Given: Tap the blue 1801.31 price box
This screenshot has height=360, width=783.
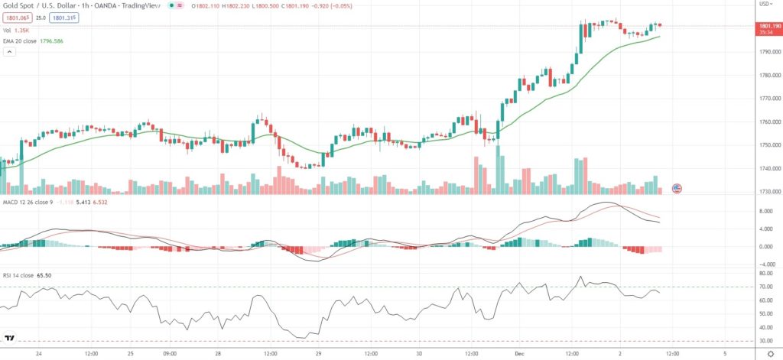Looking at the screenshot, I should click(64, 17).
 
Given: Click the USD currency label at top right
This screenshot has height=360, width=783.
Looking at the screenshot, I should click(763, 5).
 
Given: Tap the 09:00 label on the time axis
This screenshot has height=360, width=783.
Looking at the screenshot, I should click(171, 354).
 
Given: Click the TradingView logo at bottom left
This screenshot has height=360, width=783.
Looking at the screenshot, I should click(11, 337).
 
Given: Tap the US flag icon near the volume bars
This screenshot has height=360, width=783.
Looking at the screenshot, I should click(677, 188).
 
